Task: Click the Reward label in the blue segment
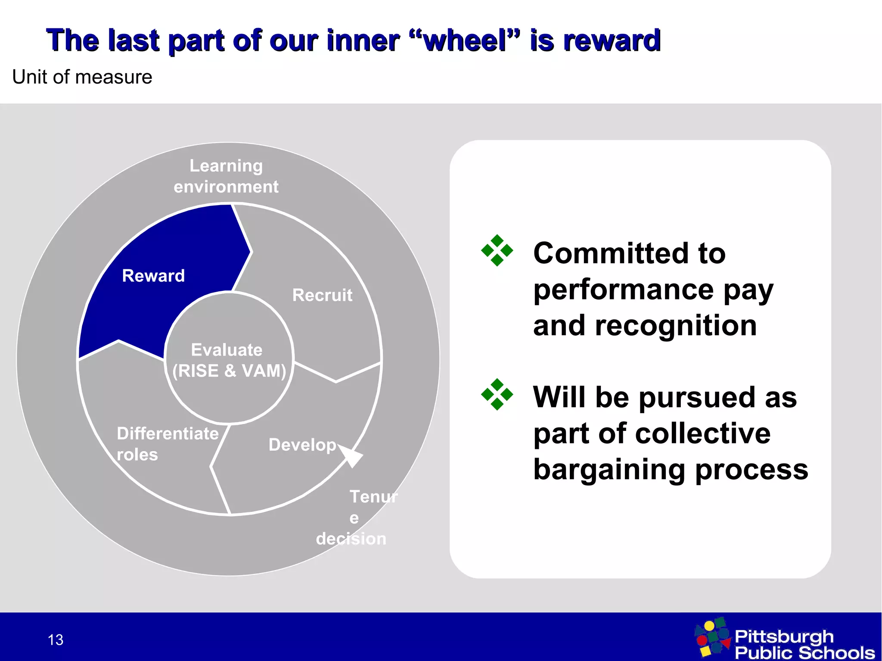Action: click(x=153, y=276)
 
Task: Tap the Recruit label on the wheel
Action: click(x=322, y=295)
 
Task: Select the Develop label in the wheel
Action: click(x=302, y=445)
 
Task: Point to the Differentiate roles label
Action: click(x=167, y=444)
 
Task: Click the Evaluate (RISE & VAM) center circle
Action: click(x=229, y=360)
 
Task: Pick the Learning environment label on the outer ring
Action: click(x=226, y=176)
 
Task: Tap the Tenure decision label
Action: click(x=357, y=518)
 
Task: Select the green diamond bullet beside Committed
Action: click(x=497, y=250)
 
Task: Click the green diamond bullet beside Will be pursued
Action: click(x=497, y=394)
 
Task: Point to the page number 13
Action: click(x=56, y=640)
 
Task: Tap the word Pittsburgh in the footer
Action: click(x=784, y=636)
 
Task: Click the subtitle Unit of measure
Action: click(x=82, y=77)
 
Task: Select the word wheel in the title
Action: click(x=465, y=41)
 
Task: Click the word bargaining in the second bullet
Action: click(x=609, y=470)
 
